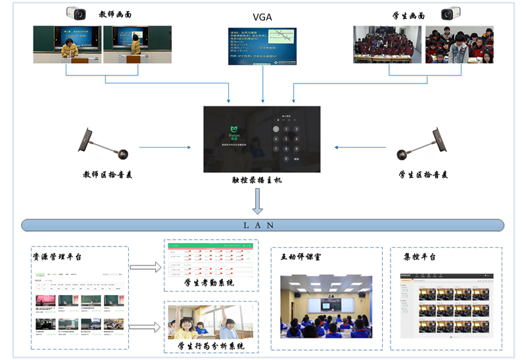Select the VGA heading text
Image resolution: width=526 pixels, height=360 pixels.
(x=262, y=17)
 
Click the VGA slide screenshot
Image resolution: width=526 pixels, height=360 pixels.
(x=262, y=46)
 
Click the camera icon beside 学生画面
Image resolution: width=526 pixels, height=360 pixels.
(x=450, y=13)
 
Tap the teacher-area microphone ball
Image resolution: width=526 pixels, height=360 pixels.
(x=122, y=154)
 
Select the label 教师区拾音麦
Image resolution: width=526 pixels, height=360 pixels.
(x=105, y=175)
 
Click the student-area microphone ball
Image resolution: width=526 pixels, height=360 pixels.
(x=404, y=154)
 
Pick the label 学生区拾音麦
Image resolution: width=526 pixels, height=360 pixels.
(x=423, y=175)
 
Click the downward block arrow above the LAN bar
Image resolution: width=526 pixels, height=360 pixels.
(x=258, y=202)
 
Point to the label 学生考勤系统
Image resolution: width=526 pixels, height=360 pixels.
(x=210, y=282)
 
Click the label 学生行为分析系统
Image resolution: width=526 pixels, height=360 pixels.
(x=210, y=346)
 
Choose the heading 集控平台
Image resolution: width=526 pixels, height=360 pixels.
(x=419, y=257)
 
